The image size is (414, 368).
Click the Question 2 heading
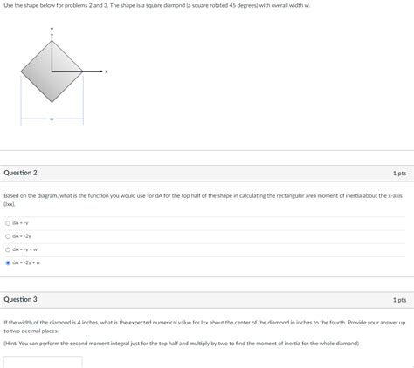tap(20, 173)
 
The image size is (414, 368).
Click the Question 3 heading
tap(20, 299)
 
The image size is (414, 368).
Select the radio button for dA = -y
tap(8, 222)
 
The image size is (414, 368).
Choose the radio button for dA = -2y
tap(8, 235)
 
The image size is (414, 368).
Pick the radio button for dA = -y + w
tap(8, 249)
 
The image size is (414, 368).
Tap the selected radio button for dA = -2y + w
tap(8, 262)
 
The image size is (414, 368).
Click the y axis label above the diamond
tap(52, 30)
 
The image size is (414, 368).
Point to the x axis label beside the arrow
tap(107, 72)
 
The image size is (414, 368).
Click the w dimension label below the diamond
tap(52, 119)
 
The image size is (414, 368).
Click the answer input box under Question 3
tap(43, 361)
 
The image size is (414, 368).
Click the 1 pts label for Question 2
tap(399, 173)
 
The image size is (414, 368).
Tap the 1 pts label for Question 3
tap(399, 299)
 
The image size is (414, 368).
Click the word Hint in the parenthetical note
tap(13, 343)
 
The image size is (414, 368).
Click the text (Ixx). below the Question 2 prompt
tap(10, 204)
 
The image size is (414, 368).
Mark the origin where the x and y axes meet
tap(52, 72)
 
